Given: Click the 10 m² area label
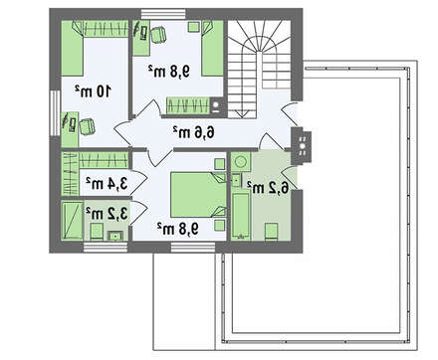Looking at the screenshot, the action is pos(93,90).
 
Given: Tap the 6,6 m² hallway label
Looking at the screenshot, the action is pos(193,132).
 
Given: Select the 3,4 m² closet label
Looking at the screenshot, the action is pos(107,183).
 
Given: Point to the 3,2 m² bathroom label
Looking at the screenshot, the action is pos(107,214).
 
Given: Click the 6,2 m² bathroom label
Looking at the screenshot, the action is pos(268,188).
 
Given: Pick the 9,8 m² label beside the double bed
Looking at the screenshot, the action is pos(178,229).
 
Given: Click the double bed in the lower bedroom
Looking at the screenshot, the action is pos(198,195).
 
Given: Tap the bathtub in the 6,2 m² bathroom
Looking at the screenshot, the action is pos(241,216).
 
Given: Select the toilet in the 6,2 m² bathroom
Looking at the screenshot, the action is pos(271,231).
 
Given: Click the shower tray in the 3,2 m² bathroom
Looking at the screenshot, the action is pos(72,220).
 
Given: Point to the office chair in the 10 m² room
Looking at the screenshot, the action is pos(88,126).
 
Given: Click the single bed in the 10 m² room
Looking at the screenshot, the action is pos(72,49).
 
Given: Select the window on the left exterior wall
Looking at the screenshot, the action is pos(56,113).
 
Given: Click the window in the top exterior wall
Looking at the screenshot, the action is pos(163,14).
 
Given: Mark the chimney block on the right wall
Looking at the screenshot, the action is pos(302,146).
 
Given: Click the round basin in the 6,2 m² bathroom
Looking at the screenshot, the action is pos(240,162).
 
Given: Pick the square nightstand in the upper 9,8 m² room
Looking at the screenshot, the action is pos(194,27).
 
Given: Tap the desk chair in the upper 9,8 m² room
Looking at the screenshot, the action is pos(158,35).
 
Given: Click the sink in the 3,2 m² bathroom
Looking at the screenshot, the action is pos(115,236).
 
